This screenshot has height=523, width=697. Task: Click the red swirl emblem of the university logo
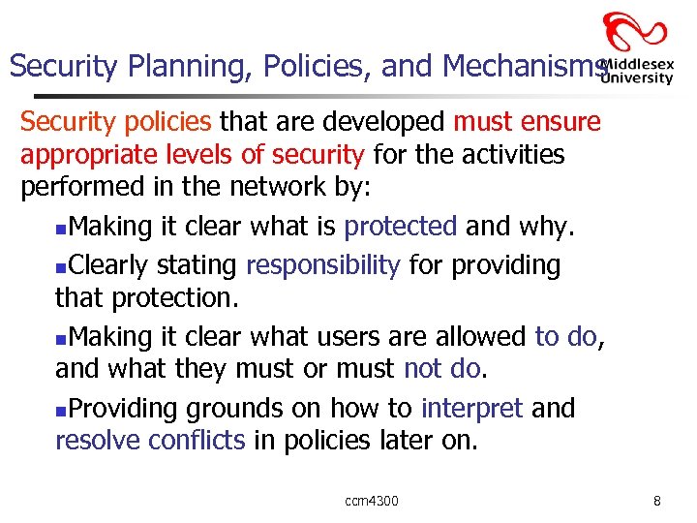tap(635, 34)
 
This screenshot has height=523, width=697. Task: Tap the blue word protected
tap(401, 227)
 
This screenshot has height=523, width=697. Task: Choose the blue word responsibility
tap(323, 264)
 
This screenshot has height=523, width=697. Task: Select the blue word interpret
tap(472, 409)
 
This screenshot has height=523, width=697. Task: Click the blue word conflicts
tap(198, 440)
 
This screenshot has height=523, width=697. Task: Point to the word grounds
tap(230, 410)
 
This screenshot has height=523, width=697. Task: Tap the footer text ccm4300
tap(372, 501)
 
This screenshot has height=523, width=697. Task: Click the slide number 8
tap(657, 501)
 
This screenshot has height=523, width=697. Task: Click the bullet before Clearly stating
tap(62, 266)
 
